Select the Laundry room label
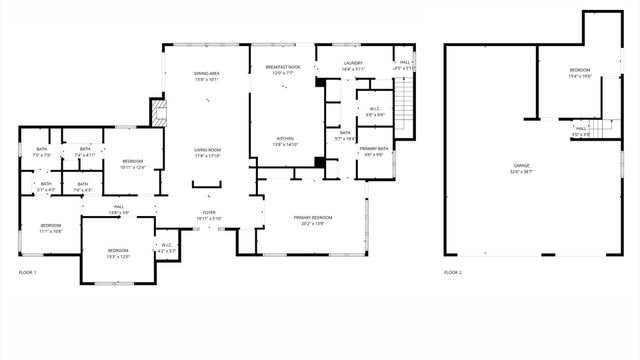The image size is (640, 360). pyautogui.click(x=353, y=66)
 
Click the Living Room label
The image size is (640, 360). pyautogui.click(x=207, y=152)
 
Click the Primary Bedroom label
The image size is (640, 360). pyautogui.click(x=313, y=219)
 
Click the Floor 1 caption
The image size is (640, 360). pyautogui.click(x=28, y=272)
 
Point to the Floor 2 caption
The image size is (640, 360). pyautogui.click(x=453, y=272)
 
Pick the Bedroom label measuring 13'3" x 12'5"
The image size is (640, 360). pyautogui.click(x=118, y=252)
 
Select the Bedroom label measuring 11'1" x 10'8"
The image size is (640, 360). pyautogui.click(x=51, y=228)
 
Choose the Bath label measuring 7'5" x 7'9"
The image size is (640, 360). pyautogui.click(x=41, y=152)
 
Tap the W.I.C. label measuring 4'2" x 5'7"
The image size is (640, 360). pyautogui.click(x=167, y=247)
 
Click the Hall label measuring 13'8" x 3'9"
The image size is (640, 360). pyautogui.click(x=117, y=209)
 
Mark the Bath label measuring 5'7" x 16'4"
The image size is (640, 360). pyautogui.click(x=345, y=135)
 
